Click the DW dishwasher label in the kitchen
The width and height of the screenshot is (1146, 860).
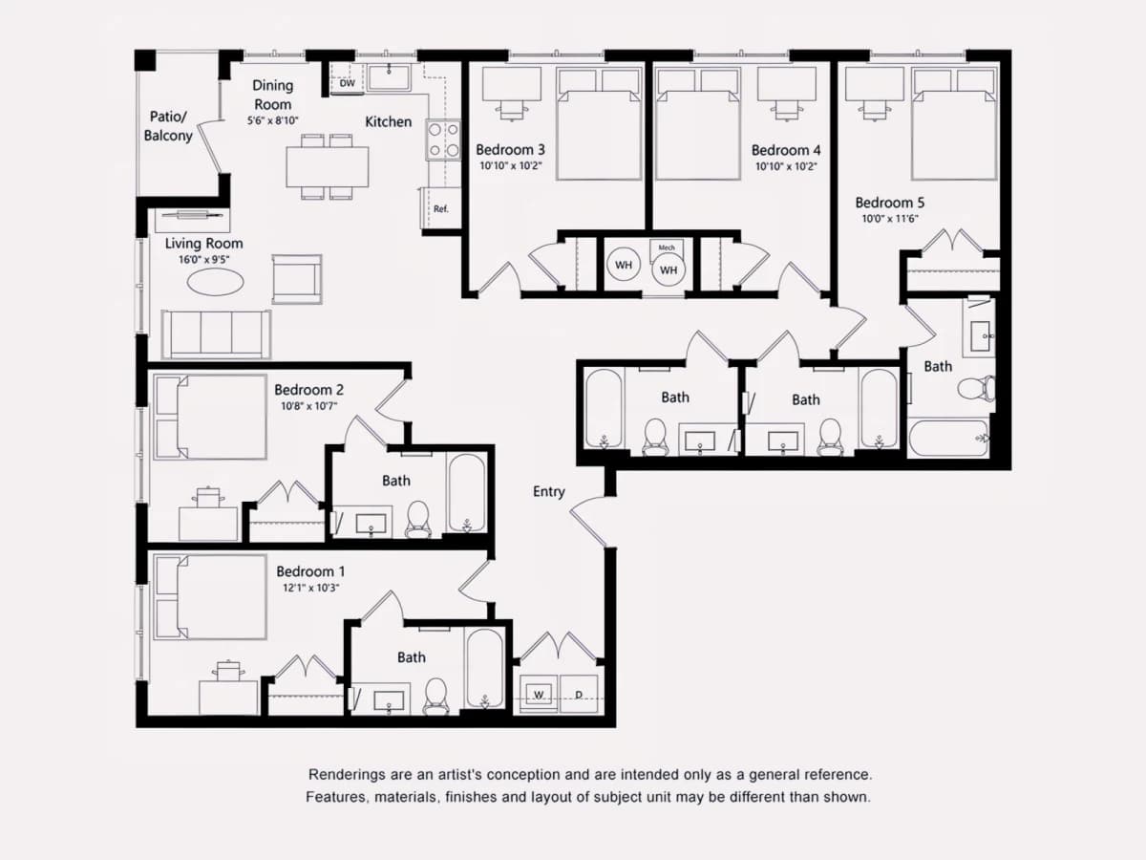(x=348, y=83)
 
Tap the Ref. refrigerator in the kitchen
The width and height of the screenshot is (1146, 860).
(x=440, y=208)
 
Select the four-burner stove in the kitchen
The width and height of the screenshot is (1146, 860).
(x=443, y=140)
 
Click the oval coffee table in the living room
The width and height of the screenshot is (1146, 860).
(x=215, y=283)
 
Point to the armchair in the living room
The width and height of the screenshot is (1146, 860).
(x=297, y=279)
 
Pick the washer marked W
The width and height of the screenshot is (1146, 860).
(x=539, y=694)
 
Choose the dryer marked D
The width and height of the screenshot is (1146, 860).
(x=579, y=694)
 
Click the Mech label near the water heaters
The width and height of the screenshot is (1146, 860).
(x=667, y=247)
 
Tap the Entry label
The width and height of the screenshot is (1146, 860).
(x=549, y=491)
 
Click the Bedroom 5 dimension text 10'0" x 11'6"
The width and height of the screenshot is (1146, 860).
(x=890, y=218)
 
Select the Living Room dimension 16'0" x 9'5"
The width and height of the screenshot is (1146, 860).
(x=203, y=259)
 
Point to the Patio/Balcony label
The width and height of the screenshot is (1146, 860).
(x=168, y=126)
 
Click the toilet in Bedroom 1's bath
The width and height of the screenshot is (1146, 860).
(x=435, y=697)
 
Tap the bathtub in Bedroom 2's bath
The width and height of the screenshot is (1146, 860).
(x=466, y=493)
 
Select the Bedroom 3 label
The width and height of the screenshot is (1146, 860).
(x=510, y=150)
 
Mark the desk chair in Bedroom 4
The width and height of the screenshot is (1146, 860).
(x=787, y=110)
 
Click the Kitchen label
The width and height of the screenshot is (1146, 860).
(x=388, y=121)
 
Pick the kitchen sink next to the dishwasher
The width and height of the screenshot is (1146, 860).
(x=389, y=77)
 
